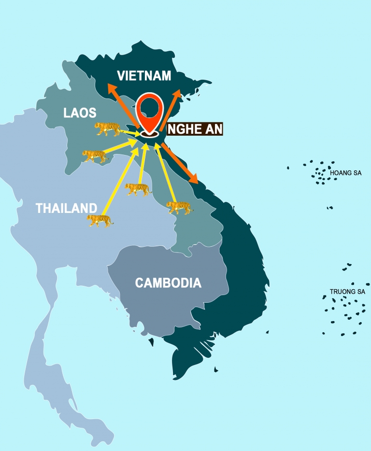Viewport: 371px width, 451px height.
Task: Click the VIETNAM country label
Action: pos(144,76)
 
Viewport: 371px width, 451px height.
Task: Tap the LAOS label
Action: pos(80,113)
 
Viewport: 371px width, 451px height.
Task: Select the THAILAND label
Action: pos(67,208)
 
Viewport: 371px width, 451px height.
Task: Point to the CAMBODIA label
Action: pos(168,283)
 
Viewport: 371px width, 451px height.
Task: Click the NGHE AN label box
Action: pos(195,129)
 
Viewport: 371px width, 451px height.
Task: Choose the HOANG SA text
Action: pos(345,173)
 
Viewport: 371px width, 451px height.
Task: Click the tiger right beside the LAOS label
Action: pos(107,128)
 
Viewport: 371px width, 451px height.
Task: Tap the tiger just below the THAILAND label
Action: pos(100,221)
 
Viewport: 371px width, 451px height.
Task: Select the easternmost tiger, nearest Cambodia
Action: pos(179,207)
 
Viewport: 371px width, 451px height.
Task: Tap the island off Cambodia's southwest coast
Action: pos(151,342)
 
